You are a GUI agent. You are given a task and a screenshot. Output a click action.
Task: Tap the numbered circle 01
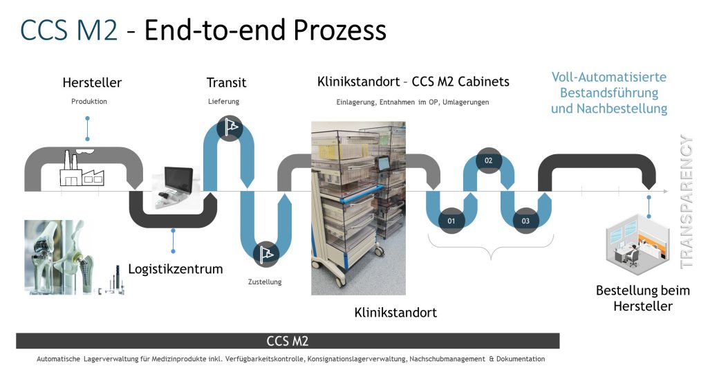(451, 221)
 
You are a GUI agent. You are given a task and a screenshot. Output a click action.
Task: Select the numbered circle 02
(488, 160)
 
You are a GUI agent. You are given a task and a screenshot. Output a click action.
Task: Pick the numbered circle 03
(525, 221)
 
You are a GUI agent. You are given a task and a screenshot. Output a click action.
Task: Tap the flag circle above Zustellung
(265, 254)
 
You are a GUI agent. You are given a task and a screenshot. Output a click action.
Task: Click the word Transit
(226, 83)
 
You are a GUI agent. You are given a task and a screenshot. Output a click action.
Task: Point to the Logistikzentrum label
(176, 269)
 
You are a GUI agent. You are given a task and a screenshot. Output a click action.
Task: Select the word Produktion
(89, 102)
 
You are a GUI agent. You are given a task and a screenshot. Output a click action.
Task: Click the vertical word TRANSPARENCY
(687, 201)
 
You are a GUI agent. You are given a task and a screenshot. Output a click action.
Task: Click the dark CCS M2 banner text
(287, 341)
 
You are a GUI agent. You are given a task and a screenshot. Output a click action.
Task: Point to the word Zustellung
(265, 282)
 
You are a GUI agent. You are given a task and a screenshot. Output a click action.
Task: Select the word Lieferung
(223, 102)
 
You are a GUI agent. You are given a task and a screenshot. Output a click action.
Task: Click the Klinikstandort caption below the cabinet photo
(395, 312)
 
